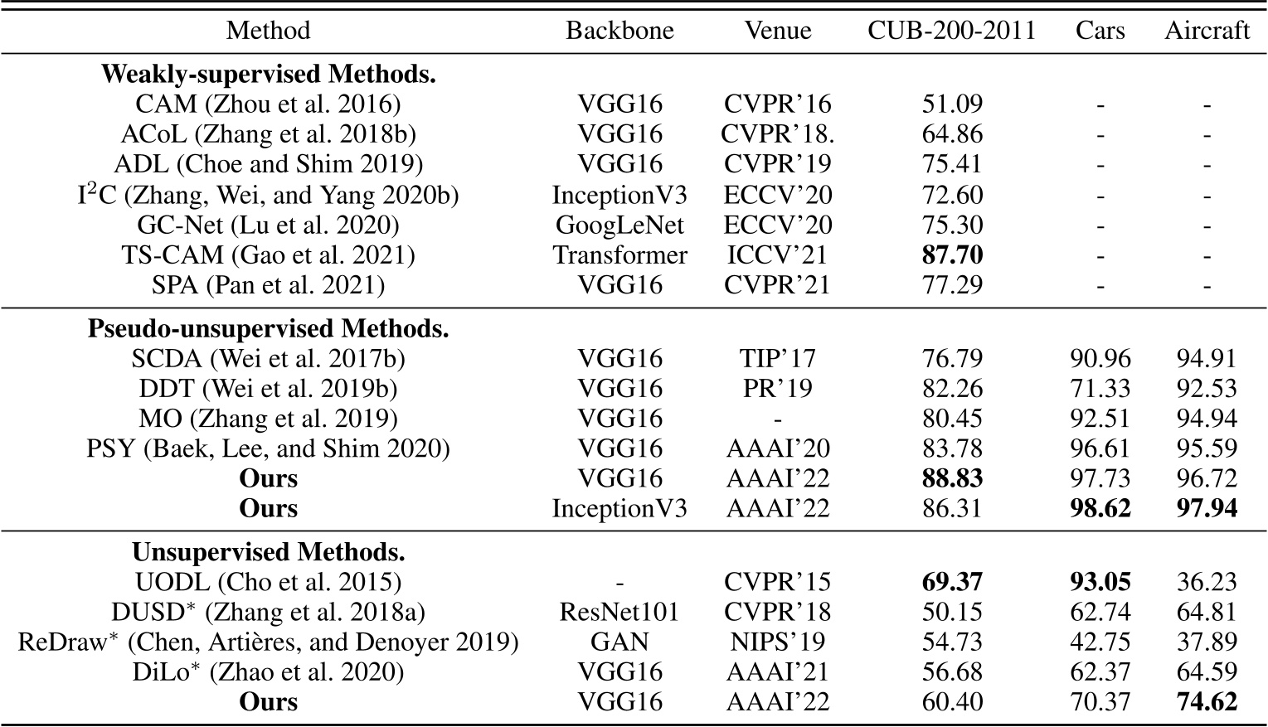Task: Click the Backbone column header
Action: [619, 31]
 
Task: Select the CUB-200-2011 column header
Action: [952, 31]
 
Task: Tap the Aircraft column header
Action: [1207, 31]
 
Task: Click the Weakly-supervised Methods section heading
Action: [268, 74]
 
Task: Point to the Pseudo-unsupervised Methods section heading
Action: [268, 328]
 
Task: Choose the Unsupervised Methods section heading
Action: [268, 551]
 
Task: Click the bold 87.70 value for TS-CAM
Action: [952, 254]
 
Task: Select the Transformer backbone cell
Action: [619, 254]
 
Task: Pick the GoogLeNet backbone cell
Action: [619, 225]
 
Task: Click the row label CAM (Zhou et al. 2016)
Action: [268, 104]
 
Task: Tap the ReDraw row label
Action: [268, 642]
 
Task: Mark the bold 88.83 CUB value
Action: [952, 478]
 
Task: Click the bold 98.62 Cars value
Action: [1100, 508]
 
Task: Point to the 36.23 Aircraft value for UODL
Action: [1207, 582]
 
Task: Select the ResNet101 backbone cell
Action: [619, 612]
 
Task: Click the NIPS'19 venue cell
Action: [777, 642]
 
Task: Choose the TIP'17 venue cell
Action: [777, 358]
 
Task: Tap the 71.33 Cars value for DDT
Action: [1100, 388]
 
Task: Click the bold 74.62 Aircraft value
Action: [1207, 702]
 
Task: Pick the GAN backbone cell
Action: [619, 642]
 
